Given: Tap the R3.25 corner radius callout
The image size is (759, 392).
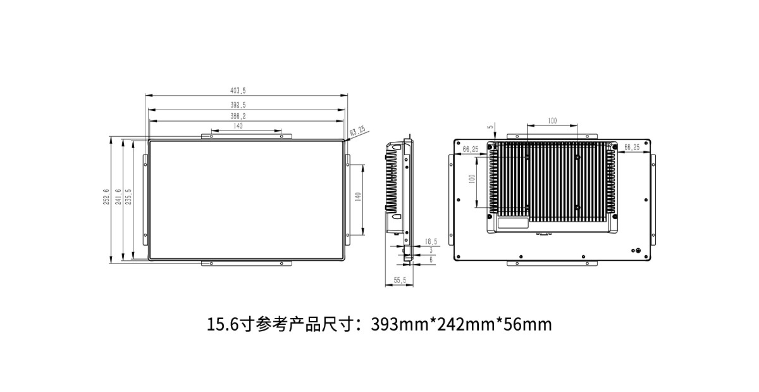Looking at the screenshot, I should [x=357, y=130].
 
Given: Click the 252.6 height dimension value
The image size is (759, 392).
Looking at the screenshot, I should [x=106, y=198].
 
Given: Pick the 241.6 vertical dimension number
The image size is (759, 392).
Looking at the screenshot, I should [x=118, y=198].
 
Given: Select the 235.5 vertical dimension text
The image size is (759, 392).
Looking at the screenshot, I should [x=128, y=198].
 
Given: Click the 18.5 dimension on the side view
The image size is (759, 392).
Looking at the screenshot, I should [x=430, y=241].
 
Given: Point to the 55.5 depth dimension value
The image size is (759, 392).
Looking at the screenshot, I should [x=400, y=279].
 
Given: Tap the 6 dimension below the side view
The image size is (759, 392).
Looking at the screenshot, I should [x=431, y=260].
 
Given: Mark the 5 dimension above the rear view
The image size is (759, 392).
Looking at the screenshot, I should [x=490, y=127].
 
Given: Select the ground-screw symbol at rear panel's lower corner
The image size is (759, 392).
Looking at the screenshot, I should [x=638, y=251].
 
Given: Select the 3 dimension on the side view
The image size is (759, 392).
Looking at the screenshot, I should [x=431, y=251].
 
